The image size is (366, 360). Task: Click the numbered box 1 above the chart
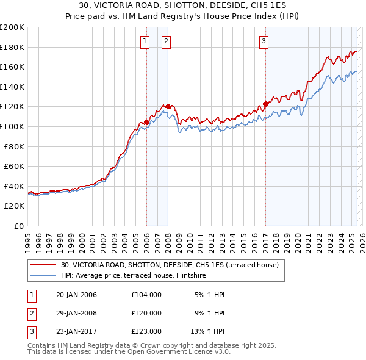point(145,41)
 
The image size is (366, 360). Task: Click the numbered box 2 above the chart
point(166,41)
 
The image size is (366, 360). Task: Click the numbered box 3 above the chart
point(264,41)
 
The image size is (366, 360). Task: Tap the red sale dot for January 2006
point(146,123)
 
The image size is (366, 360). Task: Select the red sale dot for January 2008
point(168,107)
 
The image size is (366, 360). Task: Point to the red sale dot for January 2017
point(265,104)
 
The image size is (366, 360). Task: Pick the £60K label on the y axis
point(14,166)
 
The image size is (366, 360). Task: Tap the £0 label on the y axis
point(20,226)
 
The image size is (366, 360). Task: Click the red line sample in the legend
point(43,265)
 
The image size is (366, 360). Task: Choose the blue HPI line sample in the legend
point(43,275)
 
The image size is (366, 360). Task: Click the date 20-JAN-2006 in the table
point(76,295)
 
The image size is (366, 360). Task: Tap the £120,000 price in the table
point(146,313)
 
